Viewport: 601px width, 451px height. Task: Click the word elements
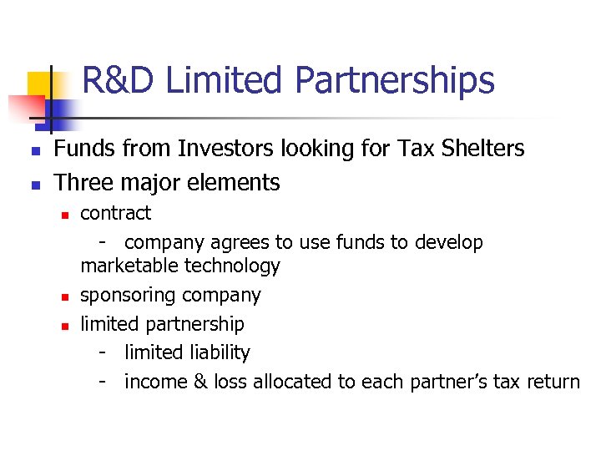click(239, 182)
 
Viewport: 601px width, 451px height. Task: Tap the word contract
click(115, 213)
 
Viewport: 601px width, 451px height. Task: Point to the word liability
click(218, 353)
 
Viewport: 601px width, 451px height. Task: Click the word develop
click(451, 243)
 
